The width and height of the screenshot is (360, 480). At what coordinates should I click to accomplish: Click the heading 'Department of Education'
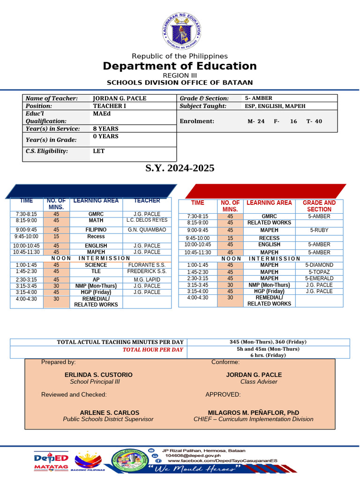[x=180, y=66]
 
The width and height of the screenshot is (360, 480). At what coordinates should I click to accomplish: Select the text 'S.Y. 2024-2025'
[x=180, y=168]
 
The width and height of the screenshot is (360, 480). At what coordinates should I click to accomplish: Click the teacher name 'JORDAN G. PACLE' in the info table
[x=120, y=98]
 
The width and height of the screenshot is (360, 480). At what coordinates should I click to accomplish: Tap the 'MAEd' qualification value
[x=102, y=114]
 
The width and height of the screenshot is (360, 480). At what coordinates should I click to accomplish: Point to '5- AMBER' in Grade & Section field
[x=259, y=98]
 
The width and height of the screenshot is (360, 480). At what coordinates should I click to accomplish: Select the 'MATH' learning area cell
[x=96, y=220]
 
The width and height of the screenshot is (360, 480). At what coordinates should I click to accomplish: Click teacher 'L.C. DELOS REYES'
[x=147, y=220]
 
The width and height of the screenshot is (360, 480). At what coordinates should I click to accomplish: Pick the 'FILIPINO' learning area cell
[x=96, y=230]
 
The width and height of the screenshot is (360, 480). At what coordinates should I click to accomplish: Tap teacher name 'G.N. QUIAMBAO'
[x=147, y=230]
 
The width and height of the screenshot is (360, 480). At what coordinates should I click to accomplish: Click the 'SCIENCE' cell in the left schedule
[x=96, y=265]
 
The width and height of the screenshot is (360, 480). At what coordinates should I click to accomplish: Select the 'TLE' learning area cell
[x=96, y=271]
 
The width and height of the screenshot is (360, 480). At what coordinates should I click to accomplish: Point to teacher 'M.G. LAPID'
[x=147, y=279]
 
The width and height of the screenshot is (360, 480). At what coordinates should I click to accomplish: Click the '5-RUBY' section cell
[x=319, y=231]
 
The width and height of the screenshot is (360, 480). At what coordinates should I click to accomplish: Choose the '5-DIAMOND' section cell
[x=319, y=265]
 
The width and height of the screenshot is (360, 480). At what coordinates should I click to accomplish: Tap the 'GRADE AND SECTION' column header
[x=319, y=206]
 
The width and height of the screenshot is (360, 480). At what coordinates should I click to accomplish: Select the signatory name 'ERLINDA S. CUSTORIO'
[x=98, y=375]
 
